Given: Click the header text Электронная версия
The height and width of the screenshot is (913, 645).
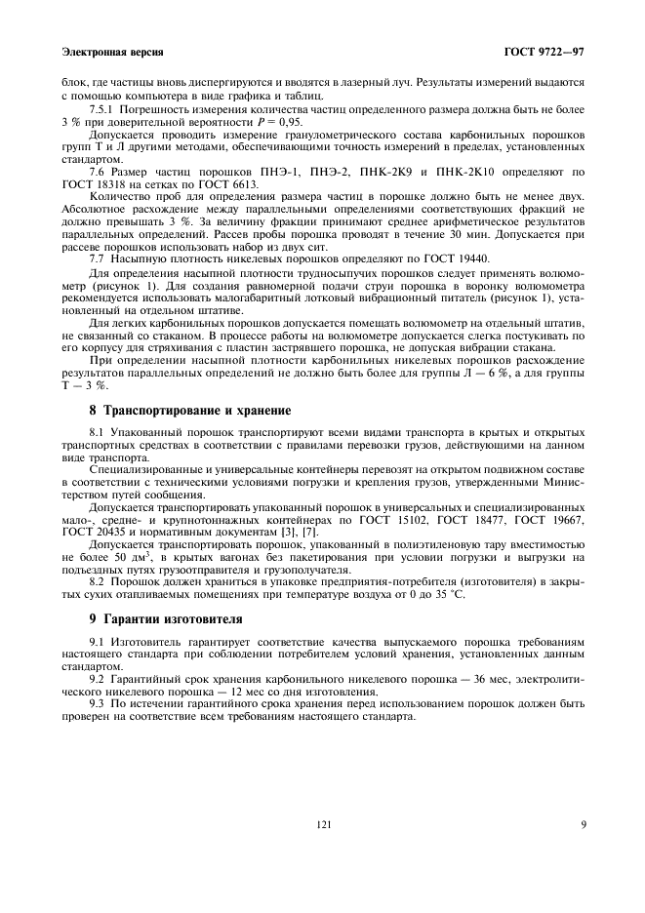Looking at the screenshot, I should coord(111,50).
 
